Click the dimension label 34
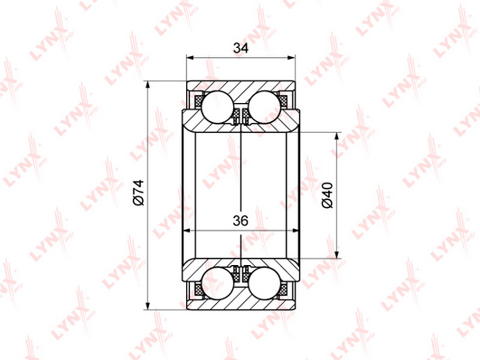coord(241,48)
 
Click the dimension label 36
coord(240,221)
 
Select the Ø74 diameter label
coord(138,193)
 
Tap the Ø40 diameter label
coord(327,195)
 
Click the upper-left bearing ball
coord(218,107)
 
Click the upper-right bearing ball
coord(265,107)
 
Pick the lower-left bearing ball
coord(218,283)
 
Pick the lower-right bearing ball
coord(265,283)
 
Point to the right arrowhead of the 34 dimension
coord(291,57)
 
